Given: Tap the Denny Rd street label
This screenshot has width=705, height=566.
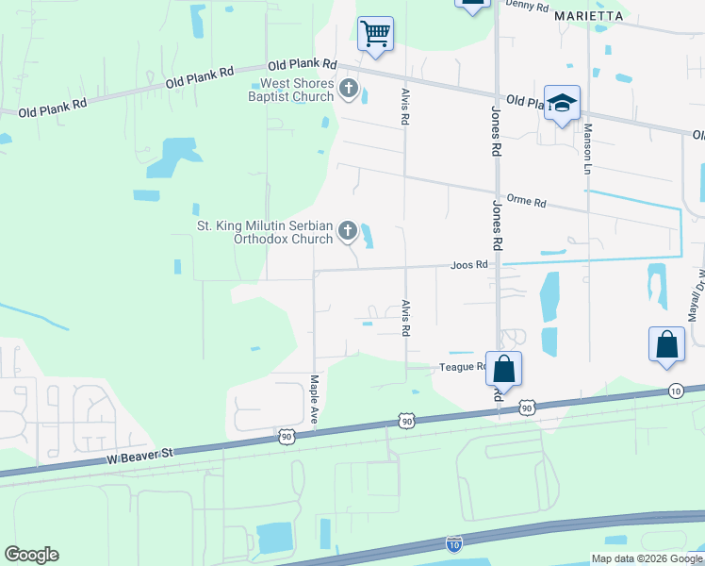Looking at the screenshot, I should point(527,6).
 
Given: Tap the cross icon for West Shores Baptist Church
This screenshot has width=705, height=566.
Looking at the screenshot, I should point(349,91).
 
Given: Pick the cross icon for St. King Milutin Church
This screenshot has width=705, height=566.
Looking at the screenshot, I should point(347,231).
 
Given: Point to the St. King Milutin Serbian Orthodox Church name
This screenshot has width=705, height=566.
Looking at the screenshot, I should point(264,232).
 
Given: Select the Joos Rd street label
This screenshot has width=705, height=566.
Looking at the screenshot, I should point(468,265).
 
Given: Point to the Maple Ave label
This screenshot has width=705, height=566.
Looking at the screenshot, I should point(315,397).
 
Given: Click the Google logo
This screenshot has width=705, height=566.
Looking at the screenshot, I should point(31,555).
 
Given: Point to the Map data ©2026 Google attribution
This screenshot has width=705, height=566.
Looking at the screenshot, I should point(646,558).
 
